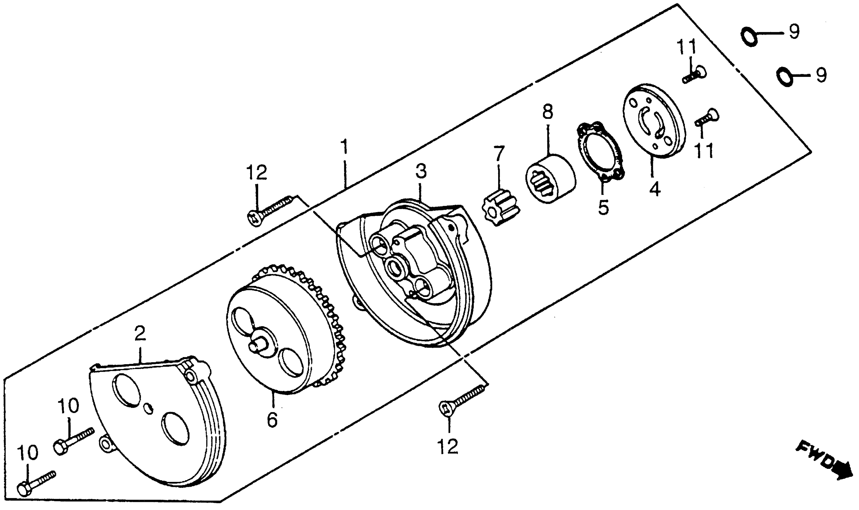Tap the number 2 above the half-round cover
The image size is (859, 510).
(x=140, y=333)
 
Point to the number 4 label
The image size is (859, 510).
(x=655, y=189)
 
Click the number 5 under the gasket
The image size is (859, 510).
(x=603, y=207)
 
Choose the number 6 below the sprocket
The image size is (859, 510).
(x=272, y=420)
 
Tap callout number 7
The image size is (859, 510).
(x=499, y=153)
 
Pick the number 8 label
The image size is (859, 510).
(x=548, y=112)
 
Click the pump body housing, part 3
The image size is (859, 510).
(x=412, y=275)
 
